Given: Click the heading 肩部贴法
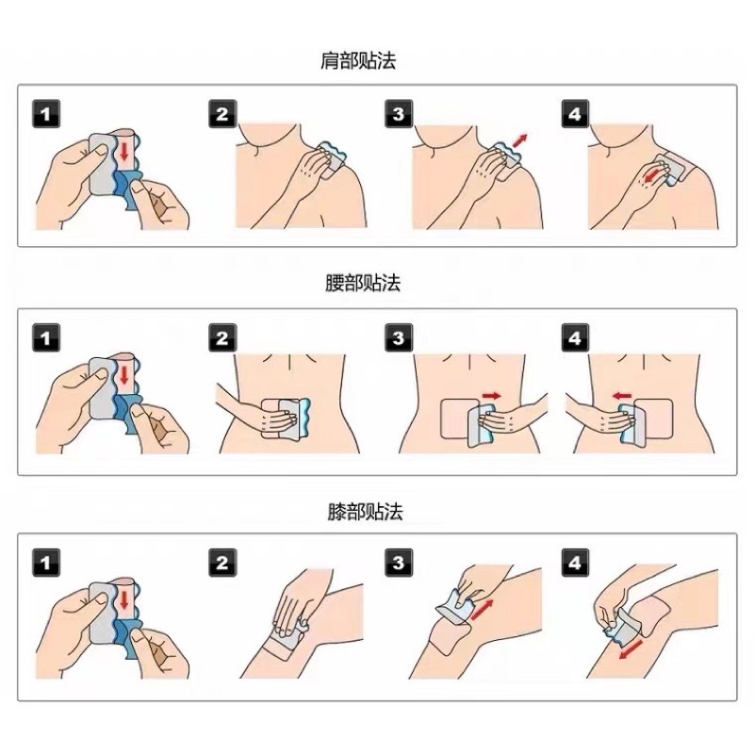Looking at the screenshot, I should click(x=357, y=62).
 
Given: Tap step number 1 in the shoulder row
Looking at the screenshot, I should click(x=46, y=115).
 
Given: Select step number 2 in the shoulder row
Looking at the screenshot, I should click(x=221, y=115).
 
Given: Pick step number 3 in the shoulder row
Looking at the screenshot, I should click(x=399, y=115).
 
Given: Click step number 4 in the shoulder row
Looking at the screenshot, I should click(x=575, y=115).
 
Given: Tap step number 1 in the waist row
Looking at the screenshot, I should click(x=46, y=338).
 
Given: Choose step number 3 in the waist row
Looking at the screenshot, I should click(x=399, y=338).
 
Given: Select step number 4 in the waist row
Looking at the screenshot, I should click(x=575, y=338).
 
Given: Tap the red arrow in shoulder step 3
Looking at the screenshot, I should click(x=521, y=141).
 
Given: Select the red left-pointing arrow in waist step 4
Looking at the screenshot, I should click(x=620, y=396).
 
